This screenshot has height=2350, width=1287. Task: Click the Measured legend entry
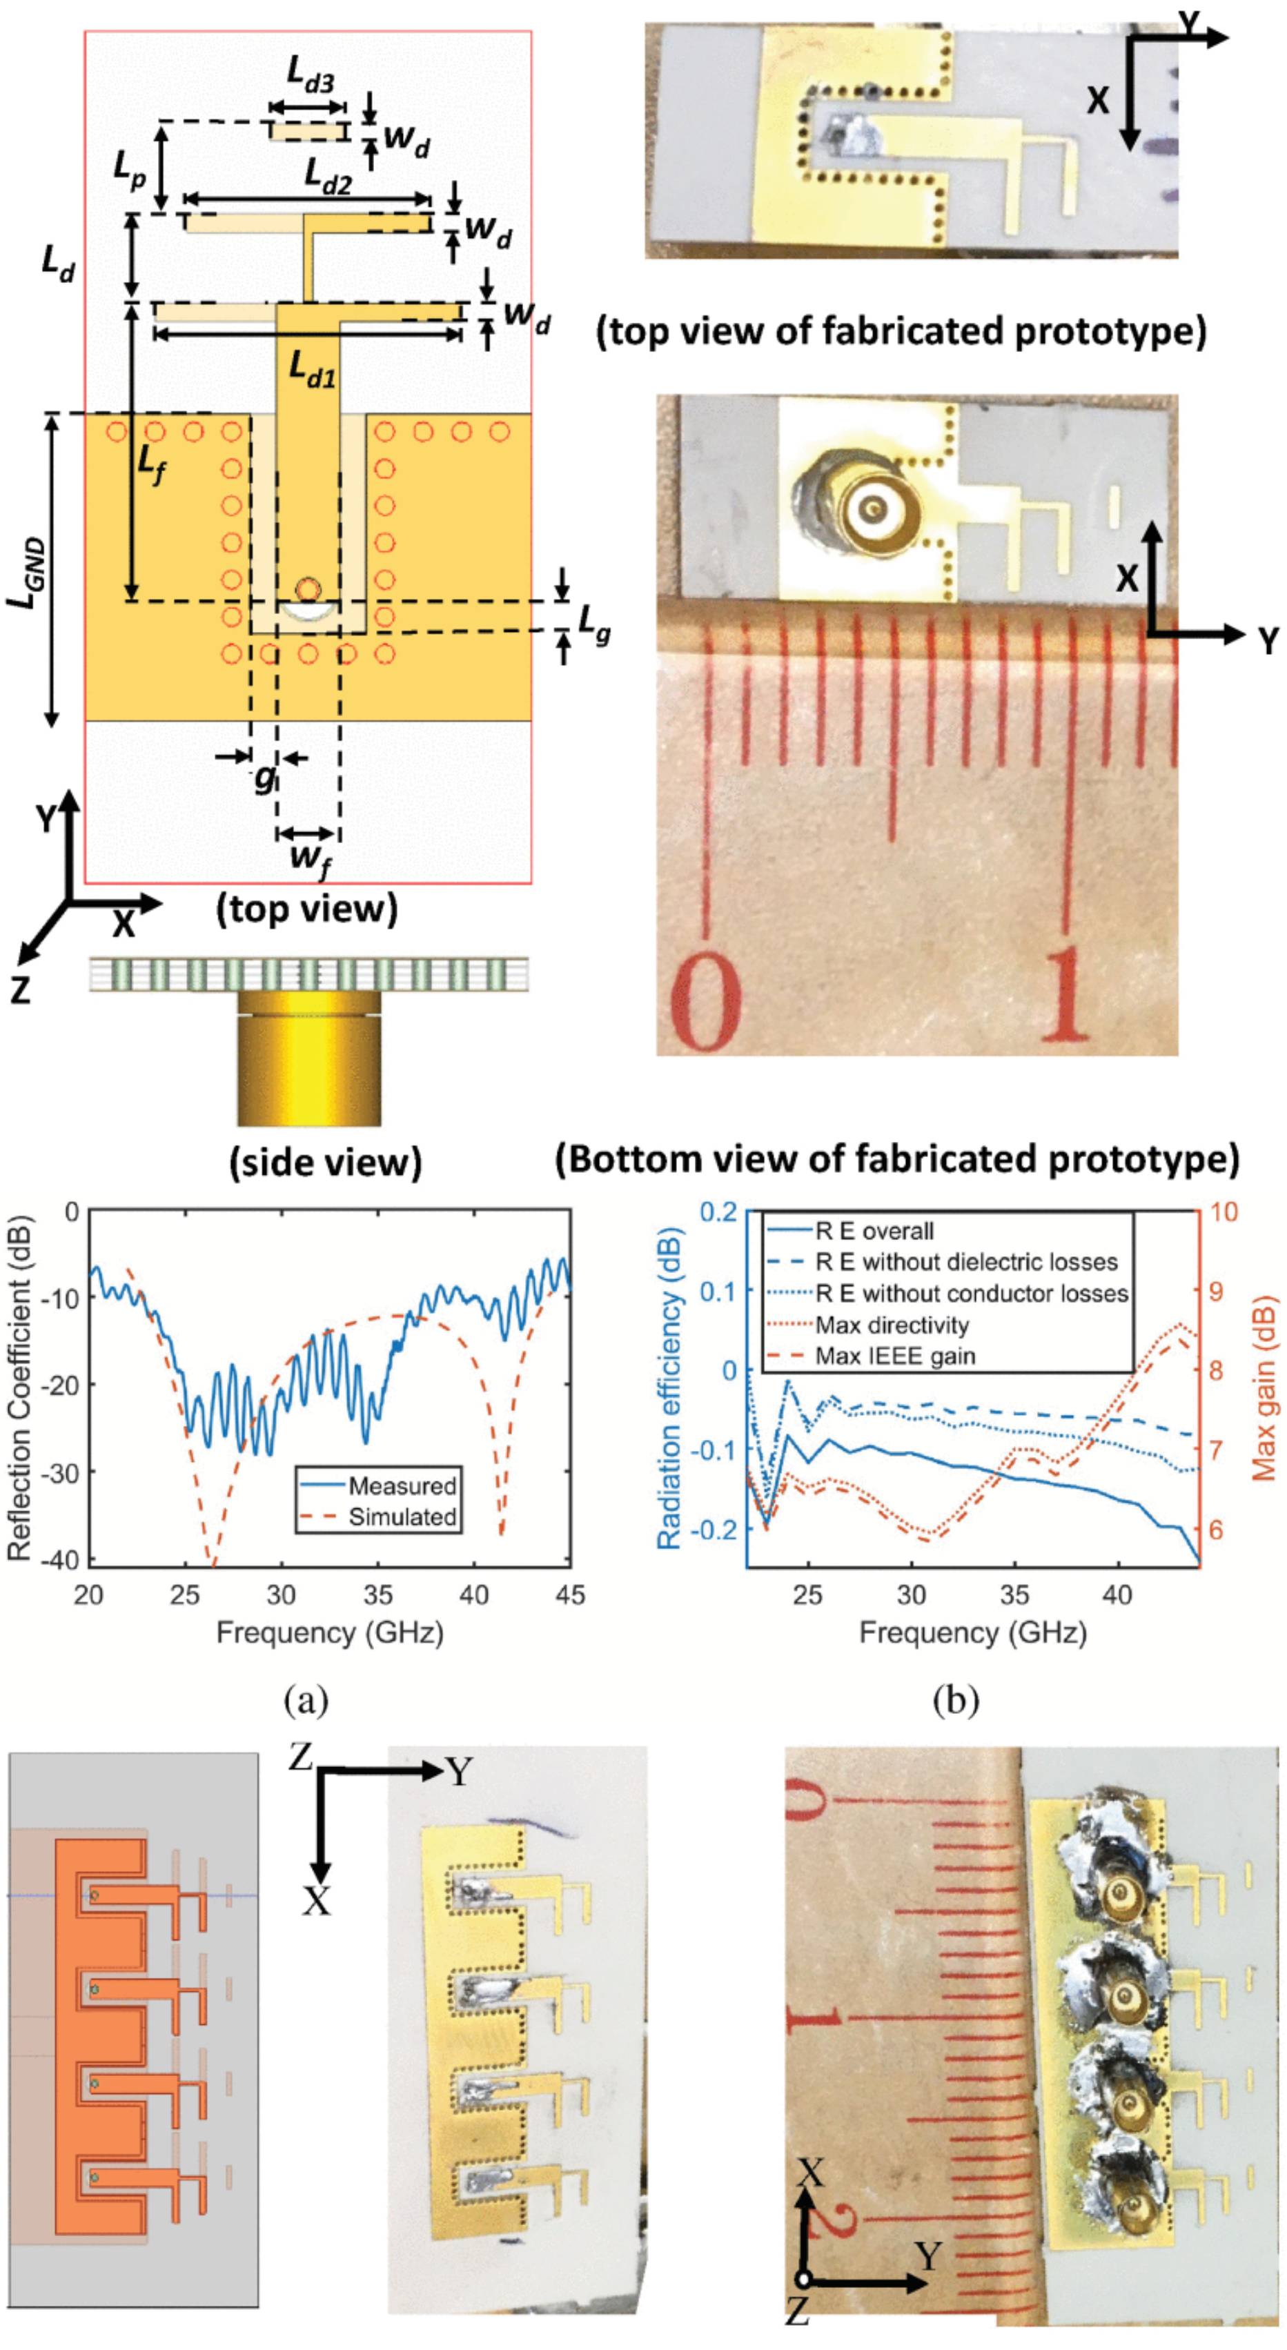[x=402, y=1486]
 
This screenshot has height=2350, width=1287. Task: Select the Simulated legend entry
[x=402, y=1517]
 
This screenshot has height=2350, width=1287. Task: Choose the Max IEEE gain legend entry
[x=895, y=1356]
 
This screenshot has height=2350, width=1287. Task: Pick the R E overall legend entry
[x=874, y=1232]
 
